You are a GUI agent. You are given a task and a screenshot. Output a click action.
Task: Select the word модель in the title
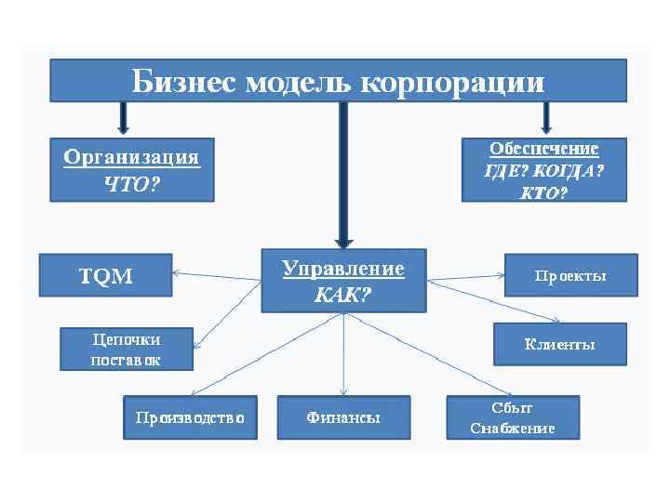[298, 82]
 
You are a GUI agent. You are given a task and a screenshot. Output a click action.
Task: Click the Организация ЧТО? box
[131, 169]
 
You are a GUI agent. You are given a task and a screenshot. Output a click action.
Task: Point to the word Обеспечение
[544, 149]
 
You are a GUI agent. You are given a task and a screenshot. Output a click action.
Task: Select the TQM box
[105, 275]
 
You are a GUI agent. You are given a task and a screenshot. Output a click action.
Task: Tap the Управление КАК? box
[343, 281]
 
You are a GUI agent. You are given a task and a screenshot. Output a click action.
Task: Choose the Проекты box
[570, 275]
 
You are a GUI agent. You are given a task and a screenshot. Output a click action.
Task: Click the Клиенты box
[559, 344]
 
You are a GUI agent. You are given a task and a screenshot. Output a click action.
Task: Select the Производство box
[190, 418]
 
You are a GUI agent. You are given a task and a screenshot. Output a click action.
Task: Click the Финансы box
[343, 418]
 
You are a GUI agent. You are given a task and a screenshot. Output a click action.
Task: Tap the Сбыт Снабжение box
[513, 418]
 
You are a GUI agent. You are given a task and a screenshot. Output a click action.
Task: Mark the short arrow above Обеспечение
[547, 117]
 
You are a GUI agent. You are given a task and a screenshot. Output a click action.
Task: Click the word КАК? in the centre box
[343, 295]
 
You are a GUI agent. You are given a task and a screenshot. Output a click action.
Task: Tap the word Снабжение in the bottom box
[513, 429]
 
